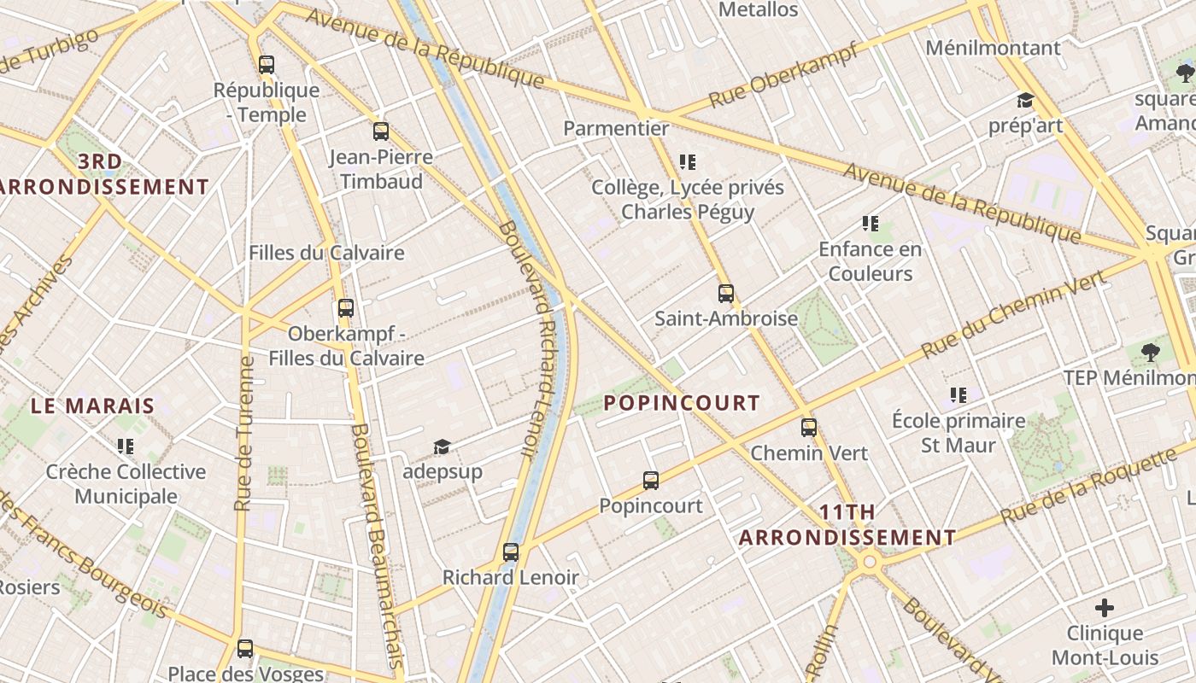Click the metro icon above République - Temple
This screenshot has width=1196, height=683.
(x=267, y=64)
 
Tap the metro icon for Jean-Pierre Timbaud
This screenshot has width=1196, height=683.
(x=381, y=131)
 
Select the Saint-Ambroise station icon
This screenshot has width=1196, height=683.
(x=726, y=294)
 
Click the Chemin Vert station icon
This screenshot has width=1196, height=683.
(x=809, y=428)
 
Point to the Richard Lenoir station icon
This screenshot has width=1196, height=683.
(x=511, y=552)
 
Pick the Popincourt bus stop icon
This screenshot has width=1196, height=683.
(x=651, y=481)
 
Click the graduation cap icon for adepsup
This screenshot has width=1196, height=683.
(x=442, y=447)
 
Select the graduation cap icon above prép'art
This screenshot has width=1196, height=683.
(x=1025, y=101)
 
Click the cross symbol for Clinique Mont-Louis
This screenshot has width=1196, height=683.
(x=1105, y=608)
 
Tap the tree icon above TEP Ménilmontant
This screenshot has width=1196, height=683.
(x=1151, y=352)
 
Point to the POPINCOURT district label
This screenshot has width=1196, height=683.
(x=682, y=403)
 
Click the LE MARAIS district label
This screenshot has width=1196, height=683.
(x=93, y=406)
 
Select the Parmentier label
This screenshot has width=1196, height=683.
(x=616, y=128)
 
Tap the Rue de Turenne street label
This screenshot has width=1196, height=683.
(x=245, y=434)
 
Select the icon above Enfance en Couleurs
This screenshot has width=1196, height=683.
(x=871, y=224)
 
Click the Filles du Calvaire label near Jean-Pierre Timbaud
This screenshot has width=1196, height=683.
(x=326, y=253)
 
